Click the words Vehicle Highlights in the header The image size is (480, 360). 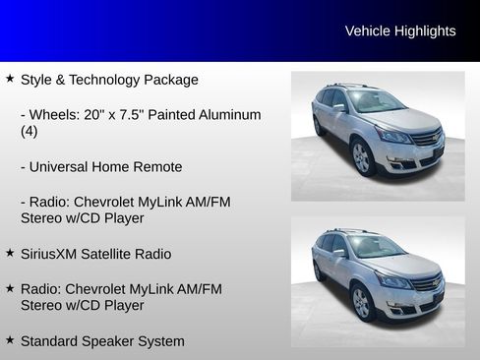coord(400,31)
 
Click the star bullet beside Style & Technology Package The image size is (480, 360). coord(10,78)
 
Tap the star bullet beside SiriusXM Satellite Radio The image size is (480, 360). coord(10,253)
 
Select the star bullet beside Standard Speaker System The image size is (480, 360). coord(10,340)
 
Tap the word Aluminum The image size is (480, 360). coord(229,115)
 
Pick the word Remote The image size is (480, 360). coord(157,167)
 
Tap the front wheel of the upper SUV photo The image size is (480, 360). coord(362,156)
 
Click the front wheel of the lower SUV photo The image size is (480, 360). coord(362,302)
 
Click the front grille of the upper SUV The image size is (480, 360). coord(426,139)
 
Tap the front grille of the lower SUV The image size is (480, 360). coord(426,284)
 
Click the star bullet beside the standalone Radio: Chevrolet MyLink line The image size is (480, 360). coord(10,288)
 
